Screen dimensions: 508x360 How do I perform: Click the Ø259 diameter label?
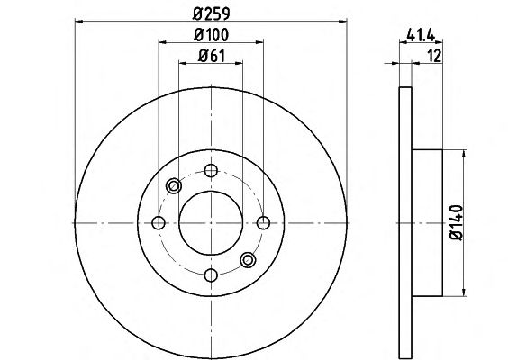pyautogui.click(x=212, y=13)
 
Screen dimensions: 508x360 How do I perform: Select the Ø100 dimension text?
pyautogui.click(x=212, y=35)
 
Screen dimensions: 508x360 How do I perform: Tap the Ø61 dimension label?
pyautogui.click(x=212, y=56)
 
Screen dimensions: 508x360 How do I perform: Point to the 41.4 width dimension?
pyautogui.click(x=421, y=34)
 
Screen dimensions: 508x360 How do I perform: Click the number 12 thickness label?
pyautogui.click(x=435, y=56)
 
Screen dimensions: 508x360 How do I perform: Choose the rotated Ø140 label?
pyautogui.click(x=457, y=222)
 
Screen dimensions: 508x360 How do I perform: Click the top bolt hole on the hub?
pyautogui.click(x=211, y=170)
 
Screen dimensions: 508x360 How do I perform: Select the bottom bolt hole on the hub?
pyautogui.click(x=211, y=275)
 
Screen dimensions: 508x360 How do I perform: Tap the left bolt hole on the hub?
pyautogui.click(x=159, y=222)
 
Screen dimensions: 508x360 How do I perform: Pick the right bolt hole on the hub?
pyautogui.click(x=263, y=222)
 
